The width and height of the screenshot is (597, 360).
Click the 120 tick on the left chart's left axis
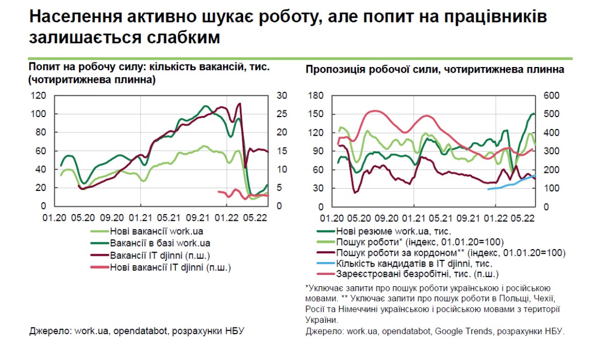click(39, 95)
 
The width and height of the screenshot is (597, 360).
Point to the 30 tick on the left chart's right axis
click(282, 95)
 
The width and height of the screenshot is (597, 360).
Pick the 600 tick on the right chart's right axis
click(551, 95)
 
